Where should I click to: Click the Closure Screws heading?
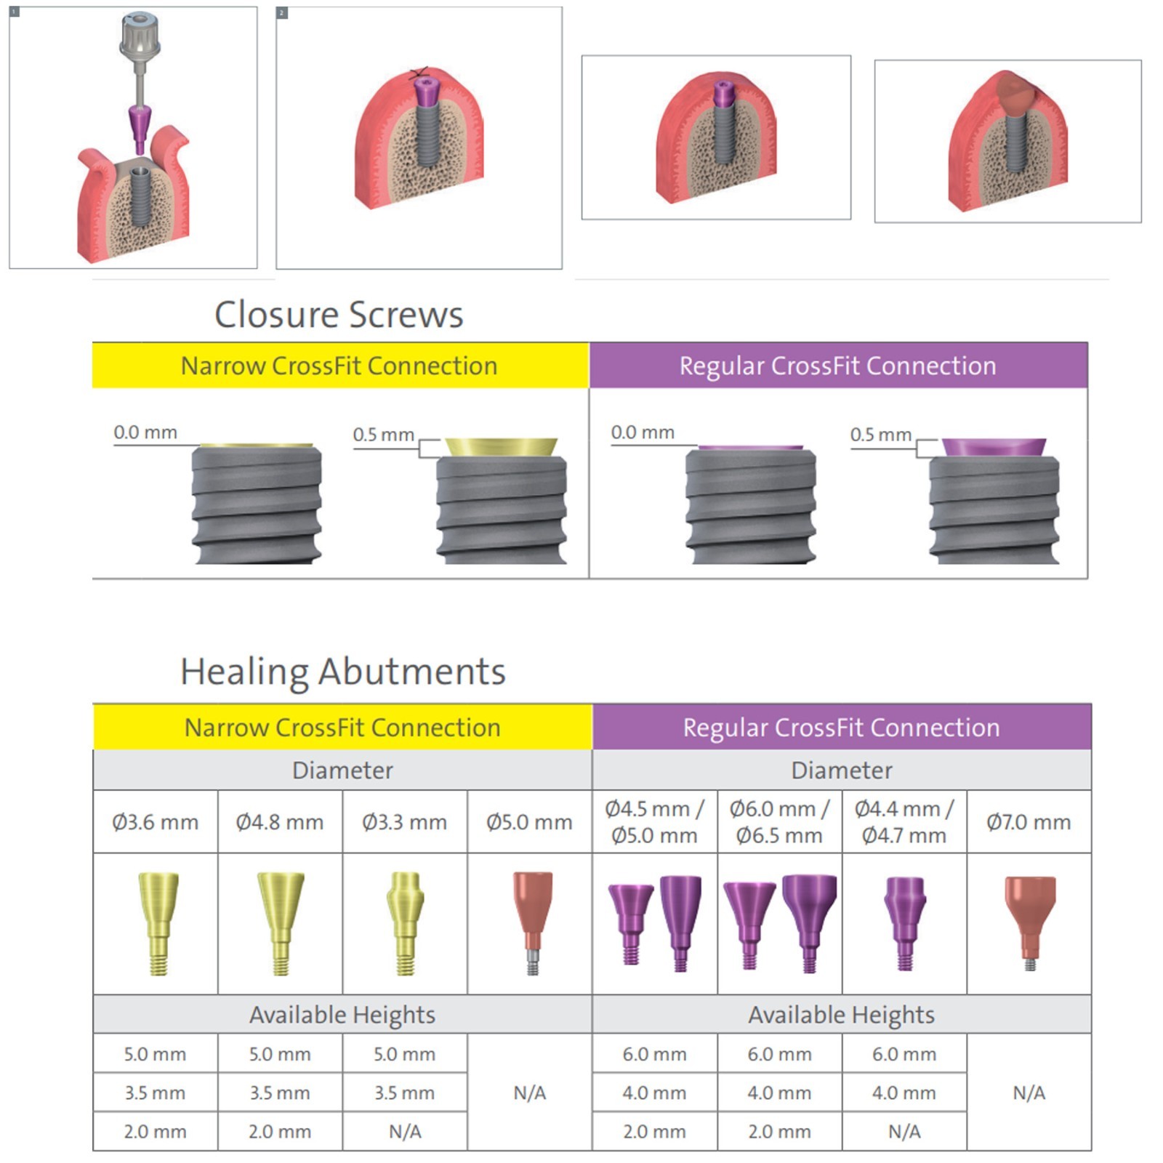pos(339,315)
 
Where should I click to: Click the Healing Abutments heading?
pos(343,671)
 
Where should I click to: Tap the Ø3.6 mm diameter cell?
pos(156,822)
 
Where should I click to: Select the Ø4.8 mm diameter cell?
pos(280,822)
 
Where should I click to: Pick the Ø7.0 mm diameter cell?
pos(1029,822)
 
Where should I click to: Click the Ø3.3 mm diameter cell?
pos(405,822)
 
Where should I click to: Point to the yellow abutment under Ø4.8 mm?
pos(281,923)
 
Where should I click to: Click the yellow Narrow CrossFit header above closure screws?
pos(340,366)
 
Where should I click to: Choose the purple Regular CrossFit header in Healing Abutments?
pos(842,727)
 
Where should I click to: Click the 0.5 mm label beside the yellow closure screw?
pos(383,435)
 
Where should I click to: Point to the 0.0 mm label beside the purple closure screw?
pos(643,432)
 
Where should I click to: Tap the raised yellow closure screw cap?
pos(502,447)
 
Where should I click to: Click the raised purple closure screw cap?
pos(994,447)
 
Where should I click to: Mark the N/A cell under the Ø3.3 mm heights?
pos(405,1132)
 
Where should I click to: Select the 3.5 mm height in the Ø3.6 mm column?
pos(156,1092)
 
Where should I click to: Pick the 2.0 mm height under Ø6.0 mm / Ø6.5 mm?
pos(779,1132)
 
